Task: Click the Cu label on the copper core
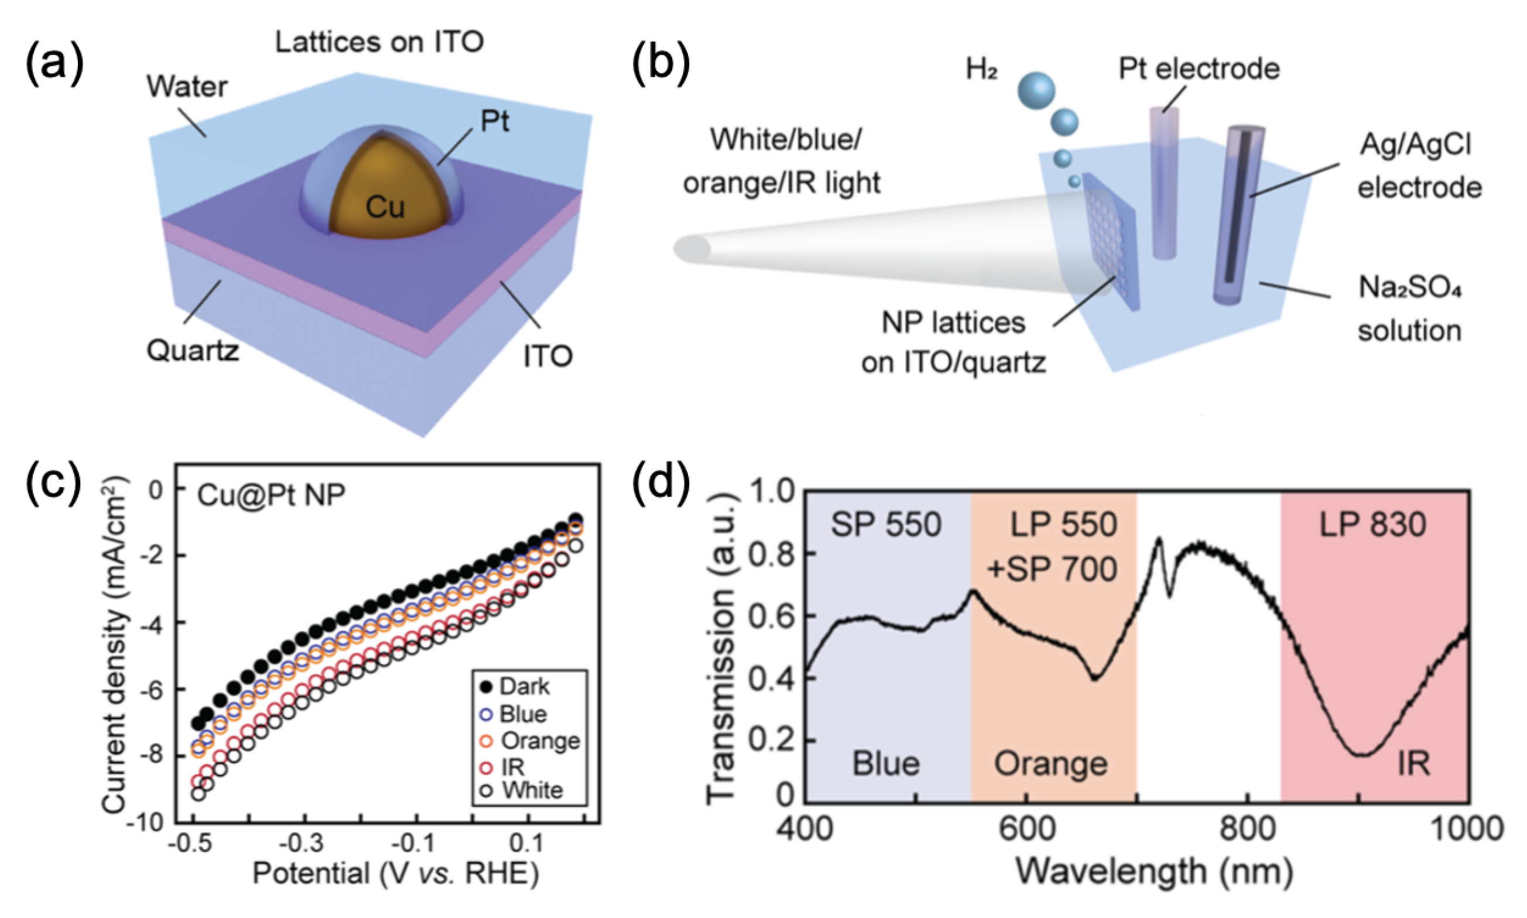pos(385,207)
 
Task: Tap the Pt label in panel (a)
pos(495,121)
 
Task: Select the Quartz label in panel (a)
pos(193,351)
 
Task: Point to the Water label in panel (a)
pos(187,86)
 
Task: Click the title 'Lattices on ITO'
pos(379,42)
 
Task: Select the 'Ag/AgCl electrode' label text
pos(1419,166)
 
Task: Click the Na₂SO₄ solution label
pos(1409,309)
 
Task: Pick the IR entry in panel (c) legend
pos(513,768)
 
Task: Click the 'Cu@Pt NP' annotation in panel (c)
pos(271,495)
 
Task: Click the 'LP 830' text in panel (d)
pos(1372,525)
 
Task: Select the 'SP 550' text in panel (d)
pos(886,525)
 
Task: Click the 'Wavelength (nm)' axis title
pos(1154,872)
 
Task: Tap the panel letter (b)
pos(660,64)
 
